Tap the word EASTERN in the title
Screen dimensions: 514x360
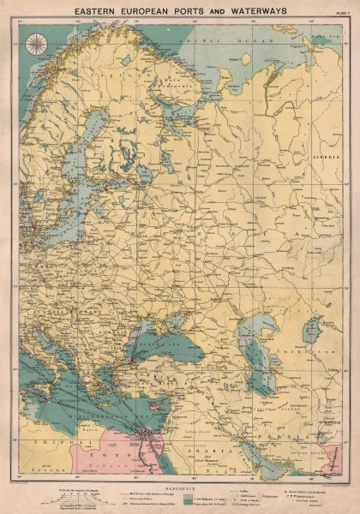click(x=99, y=9)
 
